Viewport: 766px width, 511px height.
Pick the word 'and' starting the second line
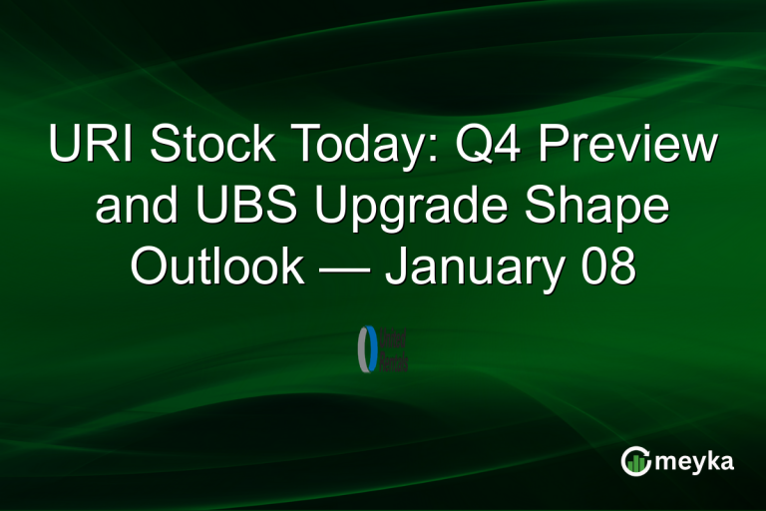125,208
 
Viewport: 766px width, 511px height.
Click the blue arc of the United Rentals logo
373,349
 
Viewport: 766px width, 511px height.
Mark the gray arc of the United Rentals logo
361,349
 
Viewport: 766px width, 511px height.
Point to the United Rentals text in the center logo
394,349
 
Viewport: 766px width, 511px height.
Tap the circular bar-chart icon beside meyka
635,460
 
